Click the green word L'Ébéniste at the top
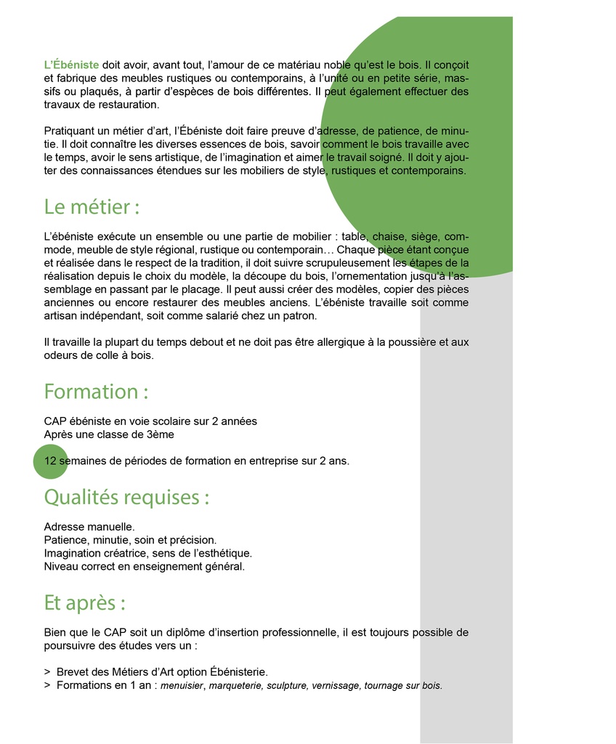click(71, 65)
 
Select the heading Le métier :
click(92, 207)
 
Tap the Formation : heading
click(96, 392)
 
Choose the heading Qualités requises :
click(126, 498)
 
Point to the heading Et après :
click(84, 603)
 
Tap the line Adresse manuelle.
click(89, 526)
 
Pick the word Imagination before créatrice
click(73, 553)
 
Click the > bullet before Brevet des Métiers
click(47, 672)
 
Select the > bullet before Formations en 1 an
click(47, 685)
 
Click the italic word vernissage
click(336, 685)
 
